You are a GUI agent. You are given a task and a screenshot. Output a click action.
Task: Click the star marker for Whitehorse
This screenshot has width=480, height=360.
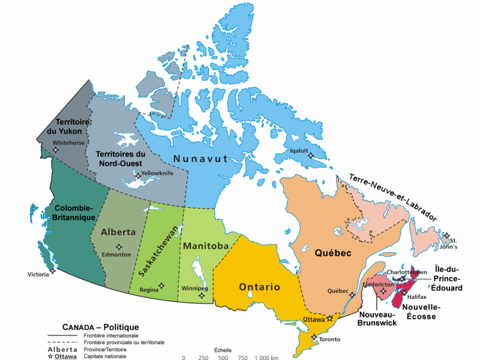[55, 149]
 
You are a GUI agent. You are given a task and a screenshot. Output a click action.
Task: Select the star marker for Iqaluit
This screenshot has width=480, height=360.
[311, 155]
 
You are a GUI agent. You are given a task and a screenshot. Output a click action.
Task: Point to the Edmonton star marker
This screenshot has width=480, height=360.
[119, 247]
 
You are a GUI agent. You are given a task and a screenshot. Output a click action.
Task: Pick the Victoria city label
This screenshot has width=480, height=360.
[38, 274]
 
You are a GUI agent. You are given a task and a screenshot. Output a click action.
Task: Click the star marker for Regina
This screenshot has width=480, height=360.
[161, 285]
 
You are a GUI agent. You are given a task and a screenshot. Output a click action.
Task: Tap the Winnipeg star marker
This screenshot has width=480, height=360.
[202, 296]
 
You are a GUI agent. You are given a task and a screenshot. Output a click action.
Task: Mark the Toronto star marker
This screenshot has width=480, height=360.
[314, 337]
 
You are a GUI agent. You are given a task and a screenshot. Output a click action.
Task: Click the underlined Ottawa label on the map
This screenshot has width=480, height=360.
[314, 319]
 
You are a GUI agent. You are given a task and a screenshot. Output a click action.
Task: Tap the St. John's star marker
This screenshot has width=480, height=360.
[447, 236]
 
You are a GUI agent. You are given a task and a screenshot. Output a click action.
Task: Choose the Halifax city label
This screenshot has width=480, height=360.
[417, 297]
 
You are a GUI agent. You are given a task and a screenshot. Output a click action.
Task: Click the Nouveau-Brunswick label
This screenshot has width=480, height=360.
[376, 319]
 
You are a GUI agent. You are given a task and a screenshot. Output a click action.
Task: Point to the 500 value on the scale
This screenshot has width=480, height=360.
[223, 358]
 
